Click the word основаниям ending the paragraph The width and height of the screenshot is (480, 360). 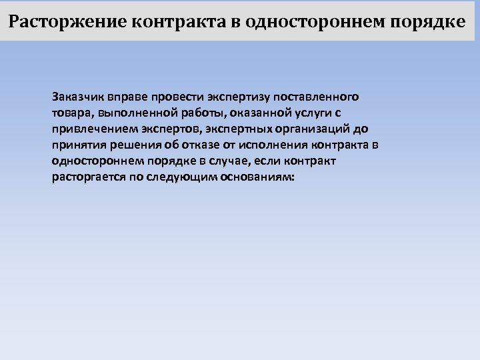[257, 177]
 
